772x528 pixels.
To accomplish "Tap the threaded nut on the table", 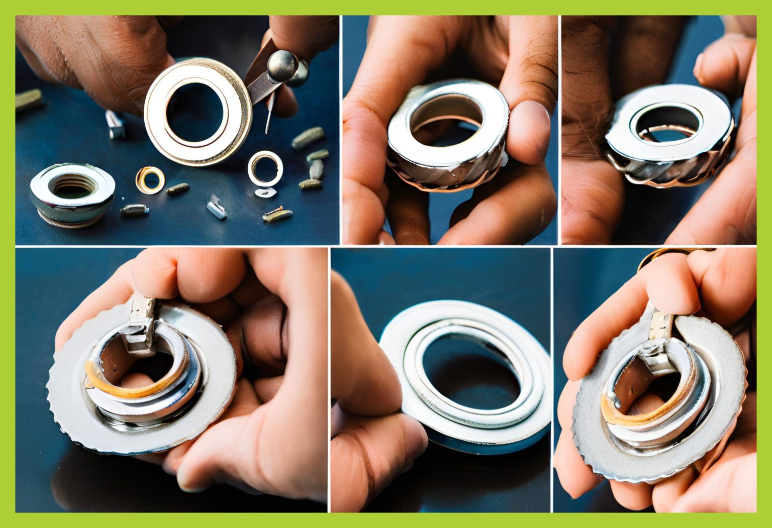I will (x=72, y=192).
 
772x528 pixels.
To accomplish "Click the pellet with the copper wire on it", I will (x=277, y=216).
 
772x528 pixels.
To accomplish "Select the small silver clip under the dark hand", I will (x=115, y=125).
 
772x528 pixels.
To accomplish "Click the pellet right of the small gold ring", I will (x=178, y=189).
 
